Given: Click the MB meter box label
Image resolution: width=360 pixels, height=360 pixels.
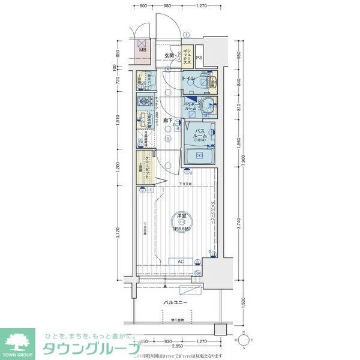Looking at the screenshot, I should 142,50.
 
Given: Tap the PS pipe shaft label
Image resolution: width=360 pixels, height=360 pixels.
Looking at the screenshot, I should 200,58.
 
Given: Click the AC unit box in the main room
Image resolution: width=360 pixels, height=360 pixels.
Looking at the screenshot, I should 180,262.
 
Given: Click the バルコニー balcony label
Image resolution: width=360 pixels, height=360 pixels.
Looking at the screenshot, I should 176,303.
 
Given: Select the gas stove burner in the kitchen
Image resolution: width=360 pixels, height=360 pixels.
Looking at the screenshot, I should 144,101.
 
